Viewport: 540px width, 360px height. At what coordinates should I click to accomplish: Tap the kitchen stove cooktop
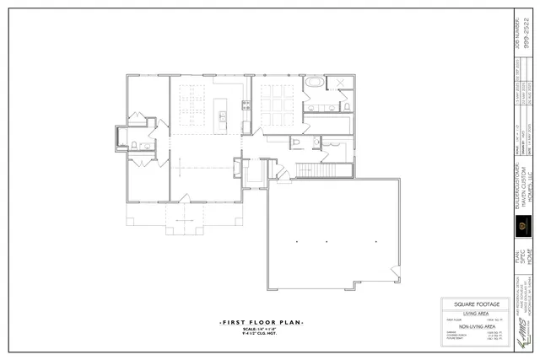click(246, 105)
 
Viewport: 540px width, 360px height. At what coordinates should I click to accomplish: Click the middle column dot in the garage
click(327, 242)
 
